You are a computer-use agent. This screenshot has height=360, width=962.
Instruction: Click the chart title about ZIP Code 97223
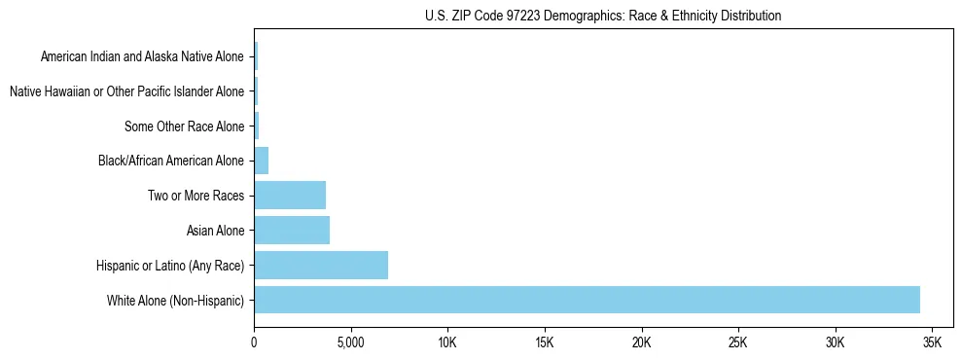[x=603, y=16]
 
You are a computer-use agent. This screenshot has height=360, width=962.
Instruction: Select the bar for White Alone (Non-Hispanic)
[x=587, y=300]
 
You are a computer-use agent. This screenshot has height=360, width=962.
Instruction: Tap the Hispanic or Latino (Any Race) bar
[x=321, y=265]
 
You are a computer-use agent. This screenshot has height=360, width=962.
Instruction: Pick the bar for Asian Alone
[x=292, y=231]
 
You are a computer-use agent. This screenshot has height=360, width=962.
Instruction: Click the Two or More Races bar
[x=290, y=196]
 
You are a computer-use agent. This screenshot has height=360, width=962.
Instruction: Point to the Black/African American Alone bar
[x=262, y=161]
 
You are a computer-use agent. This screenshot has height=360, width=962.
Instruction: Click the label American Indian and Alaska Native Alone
[x=142, y=56]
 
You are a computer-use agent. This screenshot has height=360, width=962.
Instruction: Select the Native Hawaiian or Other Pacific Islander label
[x=126, y=91]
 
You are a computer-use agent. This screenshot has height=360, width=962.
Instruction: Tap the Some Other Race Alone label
[x=185, y=126]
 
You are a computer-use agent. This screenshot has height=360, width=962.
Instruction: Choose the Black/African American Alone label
[x=171, y=161]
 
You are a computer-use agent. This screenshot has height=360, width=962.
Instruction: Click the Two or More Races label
[x=196, y=196]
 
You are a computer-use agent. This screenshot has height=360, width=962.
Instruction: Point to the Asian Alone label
[x=215, y=231]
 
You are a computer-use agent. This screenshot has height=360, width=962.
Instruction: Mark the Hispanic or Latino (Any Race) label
[x=170, y=265]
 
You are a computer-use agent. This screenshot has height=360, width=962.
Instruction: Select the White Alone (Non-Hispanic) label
[x=176, y=300]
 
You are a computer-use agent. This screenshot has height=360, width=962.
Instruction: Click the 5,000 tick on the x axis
[x=350, y=342]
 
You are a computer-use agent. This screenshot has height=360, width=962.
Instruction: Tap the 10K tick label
[x=447, y=342]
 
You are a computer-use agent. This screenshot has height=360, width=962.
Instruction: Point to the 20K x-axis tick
[x=641, y=342]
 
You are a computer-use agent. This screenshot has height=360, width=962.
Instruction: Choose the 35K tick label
[x=932, y=342]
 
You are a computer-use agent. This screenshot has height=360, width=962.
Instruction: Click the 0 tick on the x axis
[x=254, y=342]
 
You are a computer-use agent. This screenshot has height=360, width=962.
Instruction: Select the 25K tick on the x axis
[x=738, y=342]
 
